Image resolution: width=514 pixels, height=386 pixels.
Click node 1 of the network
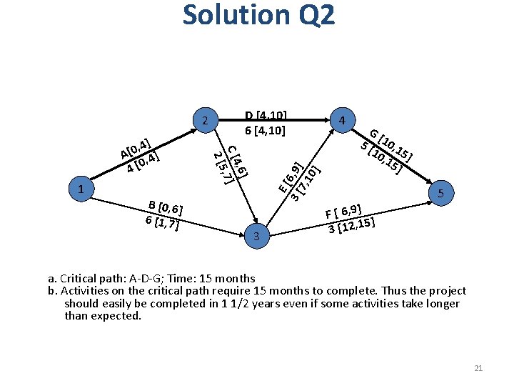[83, 189]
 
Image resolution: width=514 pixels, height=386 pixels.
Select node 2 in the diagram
[205, 120]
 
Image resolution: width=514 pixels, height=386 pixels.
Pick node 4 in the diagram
[343, 120]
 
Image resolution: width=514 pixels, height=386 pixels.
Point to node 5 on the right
[441, 194]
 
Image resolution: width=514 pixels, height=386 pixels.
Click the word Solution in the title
[235, 15]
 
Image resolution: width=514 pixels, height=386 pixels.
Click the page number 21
[478, 367]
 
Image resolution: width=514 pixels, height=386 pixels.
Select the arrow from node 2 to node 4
[274, 120]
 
